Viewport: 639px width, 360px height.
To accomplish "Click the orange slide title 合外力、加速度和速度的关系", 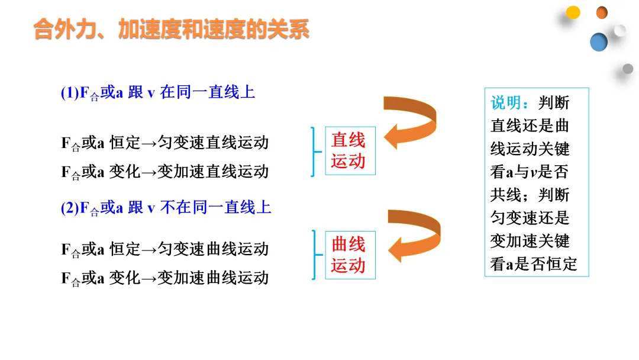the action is click(172, 29).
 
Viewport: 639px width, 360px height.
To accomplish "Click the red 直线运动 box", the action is click(350, 150).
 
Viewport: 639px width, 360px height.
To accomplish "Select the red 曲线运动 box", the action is click(350, 255).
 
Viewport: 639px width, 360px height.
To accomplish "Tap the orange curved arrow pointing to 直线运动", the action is click(411, 122).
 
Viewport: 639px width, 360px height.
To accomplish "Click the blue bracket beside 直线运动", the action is click(314, 151).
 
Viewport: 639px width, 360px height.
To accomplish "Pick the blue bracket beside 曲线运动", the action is click(314, 255).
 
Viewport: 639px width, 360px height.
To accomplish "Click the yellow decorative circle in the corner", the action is click(573, 12).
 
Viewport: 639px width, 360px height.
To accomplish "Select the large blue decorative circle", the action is click(599, 41).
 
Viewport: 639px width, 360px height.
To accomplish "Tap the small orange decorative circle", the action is click(602, 12).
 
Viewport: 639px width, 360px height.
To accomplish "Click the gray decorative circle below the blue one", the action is click(628, 69).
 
